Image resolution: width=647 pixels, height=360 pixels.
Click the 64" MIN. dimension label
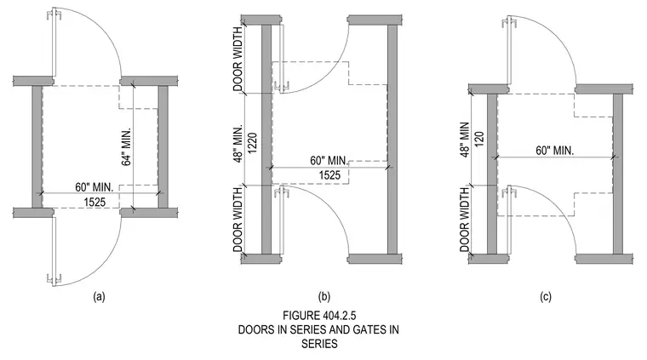pos(127,146)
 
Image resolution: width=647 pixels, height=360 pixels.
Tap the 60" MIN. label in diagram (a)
pos(94,187)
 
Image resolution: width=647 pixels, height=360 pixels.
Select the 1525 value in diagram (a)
pos(94,202)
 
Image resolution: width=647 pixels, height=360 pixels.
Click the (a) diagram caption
pos(99,296)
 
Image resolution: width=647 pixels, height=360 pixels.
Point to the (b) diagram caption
pos(323,296)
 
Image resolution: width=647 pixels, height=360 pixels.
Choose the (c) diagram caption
pos(546,296)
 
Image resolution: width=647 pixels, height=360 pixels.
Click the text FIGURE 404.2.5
pos(319,316)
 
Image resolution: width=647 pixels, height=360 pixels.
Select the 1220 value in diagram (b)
pos(253,143)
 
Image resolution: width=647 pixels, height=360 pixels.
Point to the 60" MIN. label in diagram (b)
pos(329,160)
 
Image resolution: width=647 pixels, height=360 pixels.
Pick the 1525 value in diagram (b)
pos(329,175)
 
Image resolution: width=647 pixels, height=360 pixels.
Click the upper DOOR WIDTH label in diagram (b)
pos(238,59)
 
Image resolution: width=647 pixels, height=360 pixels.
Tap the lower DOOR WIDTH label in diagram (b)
pos(238,220)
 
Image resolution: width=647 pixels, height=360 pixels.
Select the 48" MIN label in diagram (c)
pos(465,140)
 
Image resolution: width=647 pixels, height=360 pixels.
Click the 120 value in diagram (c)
pos(479,140)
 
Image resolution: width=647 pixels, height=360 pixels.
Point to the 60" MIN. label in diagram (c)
pos(554,151)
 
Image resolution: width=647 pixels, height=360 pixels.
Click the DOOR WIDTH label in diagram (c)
pos(465,220)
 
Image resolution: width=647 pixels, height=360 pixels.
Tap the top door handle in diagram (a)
pos(54,15)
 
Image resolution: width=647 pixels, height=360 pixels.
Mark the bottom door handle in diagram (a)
pos(54,279)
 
